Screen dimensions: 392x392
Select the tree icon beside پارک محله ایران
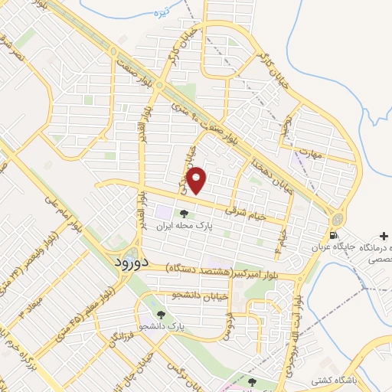182,214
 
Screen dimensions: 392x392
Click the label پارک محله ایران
183,227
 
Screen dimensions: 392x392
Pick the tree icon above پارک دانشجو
160,315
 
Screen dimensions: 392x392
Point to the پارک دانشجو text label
165,327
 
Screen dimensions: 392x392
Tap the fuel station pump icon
334,236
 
